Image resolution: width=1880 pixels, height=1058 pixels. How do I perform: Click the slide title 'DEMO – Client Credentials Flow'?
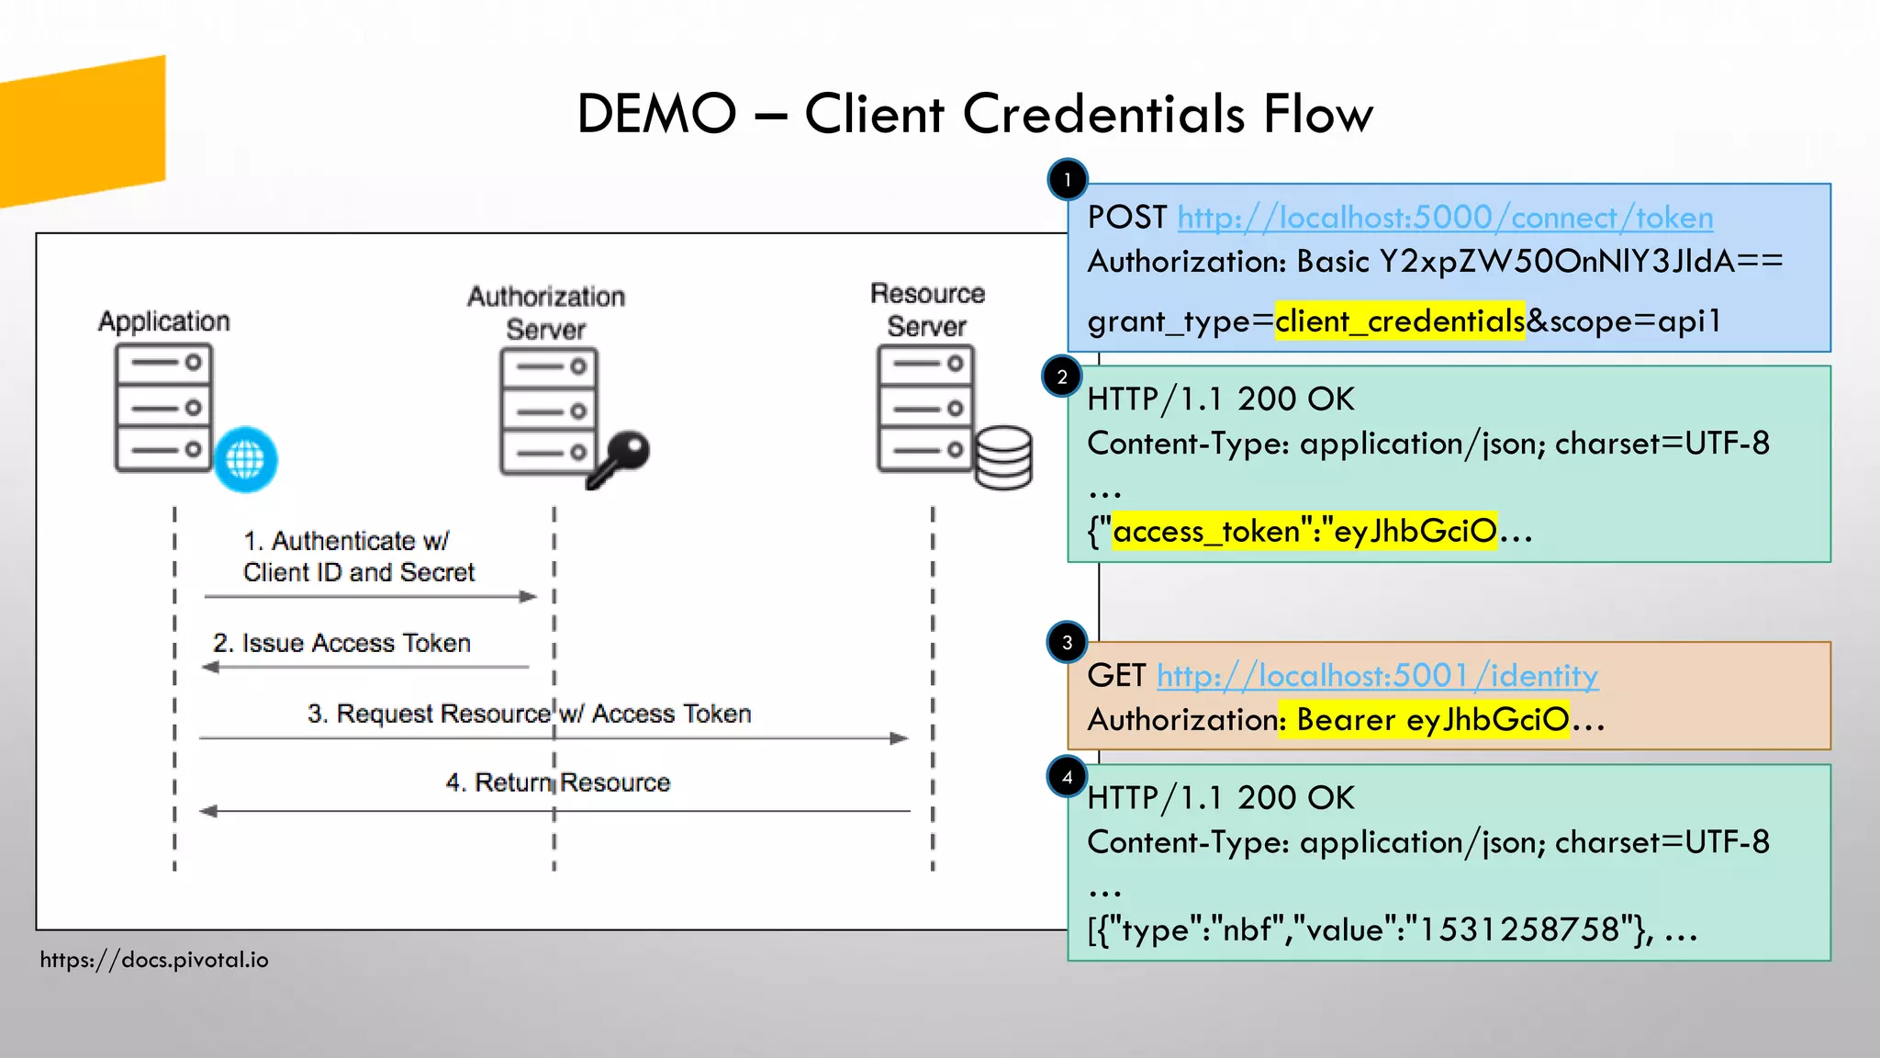(974, 115)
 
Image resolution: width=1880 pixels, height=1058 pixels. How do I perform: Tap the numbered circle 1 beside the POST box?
(1067, 180)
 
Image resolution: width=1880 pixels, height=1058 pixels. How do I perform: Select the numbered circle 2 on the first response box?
(1062, 377)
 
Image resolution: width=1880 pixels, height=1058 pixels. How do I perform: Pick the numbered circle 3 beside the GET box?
(1067, 643)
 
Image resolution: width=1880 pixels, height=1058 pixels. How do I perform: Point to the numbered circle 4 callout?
(1067, 778)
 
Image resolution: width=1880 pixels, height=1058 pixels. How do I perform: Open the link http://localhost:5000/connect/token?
(1445, 219)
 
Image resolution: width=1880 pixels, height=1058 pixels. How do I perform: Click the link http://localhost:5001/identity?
(1377, 677)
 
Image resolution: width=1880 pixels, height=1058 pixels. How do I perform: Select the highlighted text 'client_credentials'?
(1399, 321)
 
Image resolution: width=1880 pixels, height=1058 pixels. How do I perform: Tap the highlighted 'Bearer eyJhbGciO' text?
(1432, 720)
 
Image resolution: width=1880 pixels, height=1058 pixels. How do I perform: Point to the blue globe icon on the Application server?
(245, 458)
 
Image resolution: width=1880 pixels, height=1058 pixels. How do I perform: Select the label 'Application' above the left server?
(164, 321)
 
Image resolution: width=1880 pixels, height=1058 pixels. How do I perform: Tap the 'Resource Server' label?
(927, 310)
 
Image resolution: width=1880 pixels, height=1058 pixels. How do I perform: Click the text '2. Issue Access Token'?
(341, 643)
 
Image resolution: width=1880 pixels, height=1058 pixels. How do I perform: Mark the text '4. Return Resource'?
(557, 782)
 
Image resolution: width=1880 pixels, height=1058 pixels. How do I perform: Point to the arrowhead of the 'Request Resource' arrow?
(900, 738)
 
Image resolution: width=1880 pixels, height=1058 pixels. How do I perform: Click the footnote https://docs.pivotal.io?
(154, 960)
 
